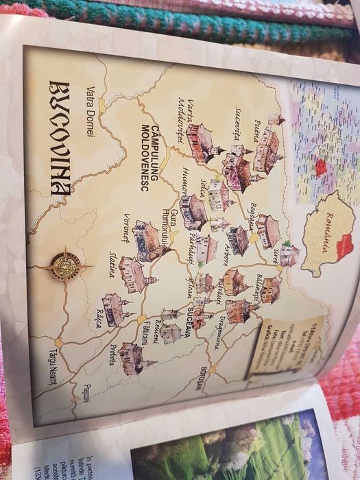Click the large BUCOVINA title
coord(62,137)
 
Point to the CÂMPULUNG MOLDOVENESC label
coord(150,158)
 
